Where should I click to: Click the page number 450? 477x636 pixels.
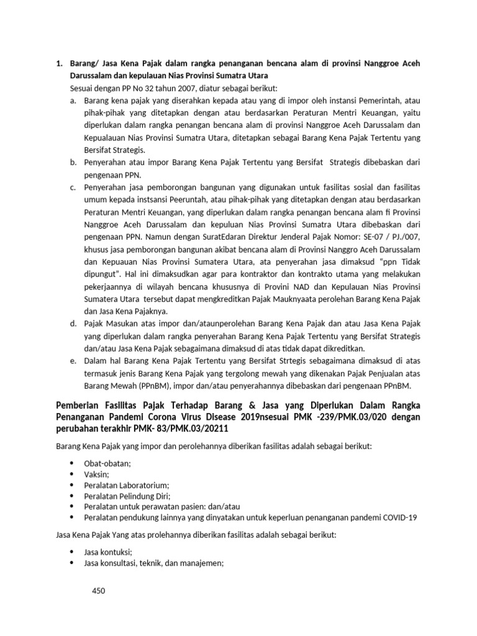point(98,591)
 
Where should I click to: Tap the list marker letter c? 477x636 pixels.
point(73,187)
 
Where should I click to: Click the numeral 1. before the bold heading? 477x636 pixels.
point(60,63)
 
